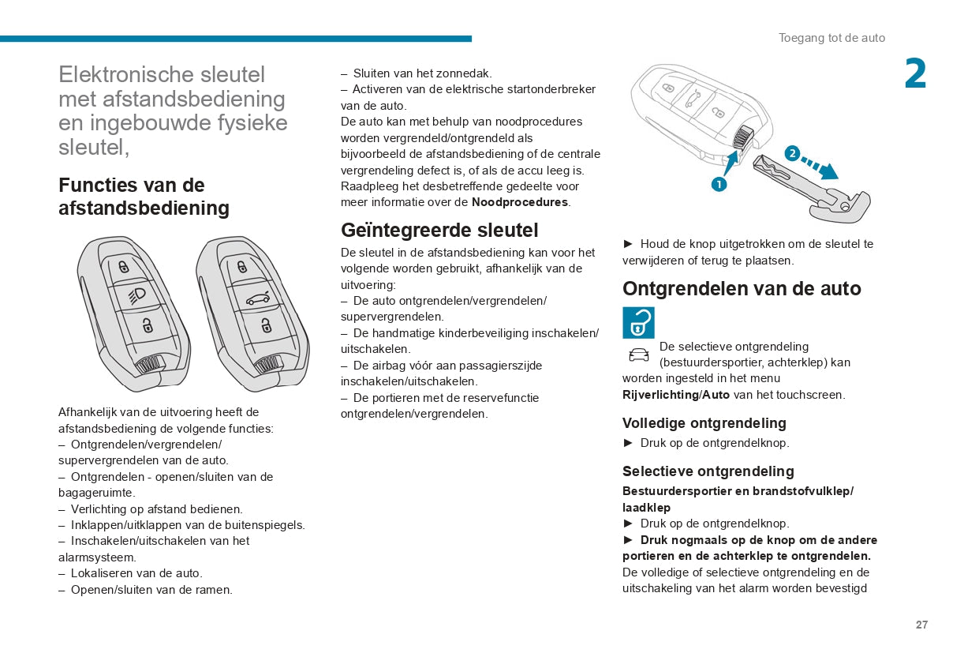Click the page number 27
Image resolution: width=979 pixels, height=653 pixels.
tap(921, 625)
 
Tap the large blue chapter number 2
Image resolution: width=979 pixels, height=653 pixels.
tap(915, 75)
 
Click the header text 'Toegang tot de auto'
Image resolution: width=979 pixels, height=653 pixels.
tap(831, 38)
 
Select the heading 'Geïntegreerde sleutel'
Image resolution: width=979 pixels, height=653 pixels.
tap(439, 230)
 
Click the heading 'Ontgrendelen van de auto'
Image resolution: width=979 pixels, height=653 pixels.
tap(742, 288)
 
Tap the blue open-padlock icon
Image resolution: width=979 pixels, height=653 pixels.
tap(638, 322)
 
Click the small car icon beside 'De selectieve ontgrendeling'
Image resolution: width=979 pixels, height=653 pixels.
tap(638, 354)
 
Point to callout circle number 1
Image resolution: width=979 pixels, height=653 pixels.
tap(719, 184)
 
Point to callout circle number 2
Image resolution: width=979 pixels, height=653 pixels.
tap(792, 153)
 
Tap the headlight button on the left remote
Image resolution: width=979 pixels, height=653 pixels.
tap(136, 295)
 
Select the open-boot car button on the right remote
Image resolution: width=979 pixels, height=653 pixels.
tap(257, 298)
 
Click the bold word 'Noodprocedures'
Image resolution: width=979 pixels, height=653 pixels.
tap(519, 202)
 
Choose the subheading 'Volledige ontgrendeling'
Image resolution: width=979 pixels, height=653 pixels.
tap(704, 423)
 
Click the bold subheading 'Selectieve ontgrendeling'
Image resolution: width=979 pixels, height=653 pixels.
tap(708, 471)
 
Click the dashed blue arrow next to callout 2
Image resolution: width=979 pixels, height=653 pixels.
tap(819, 165)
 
